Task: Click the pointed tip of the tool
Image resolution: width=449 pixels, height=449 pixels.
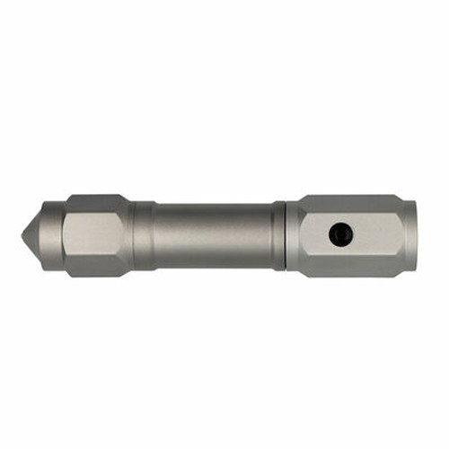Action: (24, 235)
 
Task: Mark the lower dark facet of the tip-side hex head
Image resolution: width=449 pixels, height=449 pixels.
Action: (94, 268)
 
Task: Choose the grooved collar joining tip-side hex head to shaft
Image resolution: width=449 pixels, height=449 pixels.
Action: (142, 235)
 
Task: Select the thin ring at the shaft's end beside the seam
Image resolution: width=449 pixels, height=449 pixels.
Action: (279, 235)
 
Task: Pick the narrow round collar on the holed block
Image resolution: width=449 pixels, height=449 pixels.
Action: (294, 235)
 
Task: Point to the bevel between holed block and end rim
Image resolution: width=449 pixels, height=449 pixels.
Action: (403, 235)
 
